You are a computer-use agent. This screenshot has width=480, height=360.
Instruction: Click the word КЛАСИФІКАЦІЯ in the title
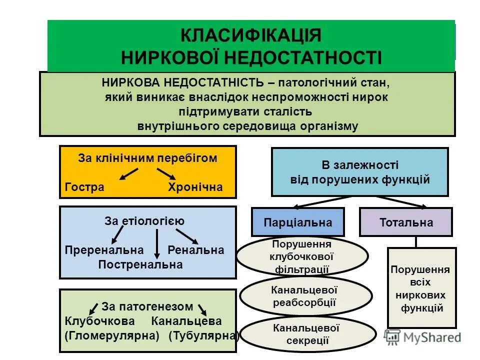pyautogui.click(x=250, y=36)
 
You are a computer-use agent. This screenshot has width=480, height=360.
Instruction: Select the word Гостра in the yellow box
pyautogui.click(x=84, y=187)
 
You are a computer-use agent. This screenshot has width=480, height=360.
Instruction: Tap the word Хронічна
pyautogui.click(x=194, y=187)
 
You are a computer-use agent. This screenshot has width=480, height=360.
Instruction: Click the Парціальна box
pyautogui.click(x=297, y=222)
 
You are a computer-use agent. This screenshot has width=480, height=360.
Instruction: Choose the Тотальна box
pyautogui.click(x=406, y=222)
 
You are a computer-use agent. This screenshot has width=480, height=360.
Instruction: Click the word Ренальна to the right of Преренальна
pyautogui.click(x=195, y=250)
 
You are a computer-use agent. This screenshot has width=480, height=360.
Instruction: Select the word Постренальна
pyautogui.click(x=140, y=264)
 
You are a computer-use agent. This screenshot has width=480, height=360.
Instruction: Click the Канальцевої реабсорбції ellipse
pyautogui.click(x=305, y=296)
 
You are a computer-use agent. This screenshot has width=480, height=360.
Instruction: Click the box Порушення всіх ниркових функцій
pyautogui.click(x=422, y=288)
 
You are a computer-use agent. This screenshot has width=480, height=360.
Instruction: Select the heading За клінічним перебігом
pyautogui.click(x=147, y=158)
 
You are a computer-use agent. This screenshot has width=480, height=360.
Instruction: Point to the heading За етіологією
pyautogui.click(x=145, y=220)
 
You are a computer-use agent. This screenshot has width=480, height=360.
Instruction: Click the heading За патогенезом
pyautogui.click(x=147, y=306)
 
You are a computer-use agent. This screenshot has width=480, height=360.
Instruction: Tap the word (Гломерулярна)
pyautogui.click(x=111, y=336)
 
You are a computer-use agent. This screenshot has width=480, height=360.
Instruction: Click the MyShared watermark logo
pyautogui.click(x=422, y=337)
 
